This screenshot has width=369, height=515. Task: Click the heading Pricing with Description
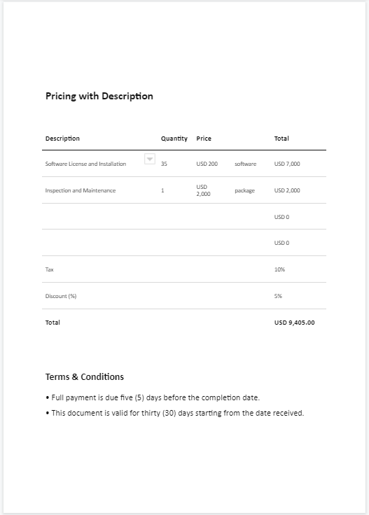click(x=99, y=96)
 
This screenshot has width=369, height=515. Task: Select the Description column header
click(x=62, y=139)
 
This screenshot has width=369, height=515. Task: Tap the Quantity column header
click(x=174, y=139)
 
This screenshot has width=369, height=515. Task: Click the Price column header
click(x=204, y=139)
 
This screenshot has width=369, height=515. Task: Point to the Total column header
click(x=281, y=139)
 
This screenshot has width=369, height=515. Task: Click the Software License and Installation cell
click(x=85, y=164)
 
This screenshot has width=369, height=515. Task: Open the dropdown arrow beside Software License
click(x=149, y=159)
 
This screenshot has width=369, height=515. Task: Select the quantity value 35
click(x=164, y=164)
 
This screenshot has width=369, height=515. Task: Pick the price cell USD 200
click(x=207, y=164)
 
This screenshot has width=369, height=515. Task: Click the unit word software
click(x=245, y=164)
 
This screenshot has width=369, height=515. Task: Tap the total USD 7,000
click(x=287, y=164)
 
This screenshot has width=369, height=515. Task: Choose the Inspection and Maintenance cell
click(x=80, y=190)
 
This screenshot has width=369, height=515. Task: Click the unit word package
click(x=244, y=190)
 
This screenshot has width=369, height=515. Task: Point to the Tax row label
click(x=49, y=269)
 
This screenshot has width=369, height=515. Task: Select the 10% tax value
click(x=279, y=269)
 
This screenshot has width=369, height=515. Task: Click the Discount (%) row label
click(x=61, y=296)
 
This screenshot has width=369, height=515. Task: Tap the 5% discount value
click(x=278, y=296)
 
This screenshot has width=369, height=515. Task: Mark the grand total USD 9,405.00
click(x=294, y=323)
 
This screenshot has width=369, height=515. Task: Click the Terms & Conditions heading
click(x=84, y=376)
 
